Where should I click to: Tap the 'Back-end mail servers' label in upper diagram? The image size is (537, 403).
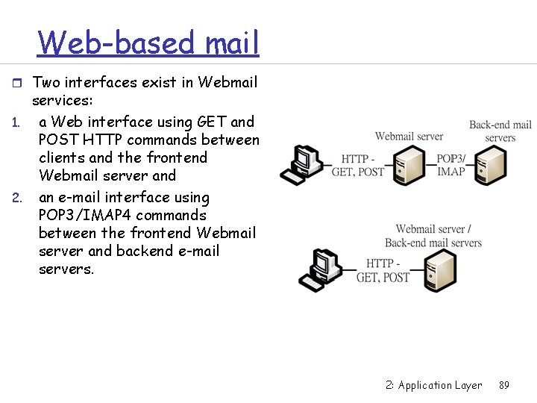tap(500, 131)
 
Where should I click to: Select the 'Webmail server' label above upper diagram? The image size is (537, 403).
tap(409, 136)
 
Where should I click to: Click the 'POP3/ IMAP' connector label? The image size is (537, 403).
tap(450, 165)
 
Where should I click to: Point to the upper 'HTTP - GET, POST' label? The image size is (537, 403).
tap(357, 165)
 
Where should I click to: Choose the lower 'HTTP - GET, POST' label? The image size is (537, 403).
tap(383, 270)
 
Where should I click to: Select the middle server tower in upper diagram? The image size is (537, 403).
tap(409, 165)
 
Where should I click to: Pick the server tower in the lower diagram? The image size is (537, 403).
tap(440, 270)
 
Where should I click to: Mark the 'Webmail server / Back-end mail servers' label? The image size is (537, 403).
tap(433, 236)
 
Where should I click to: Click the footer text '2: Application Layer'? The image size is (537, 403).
tap(434, 385)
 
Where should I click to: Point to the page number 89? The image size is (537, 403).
tap(504, 385)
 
